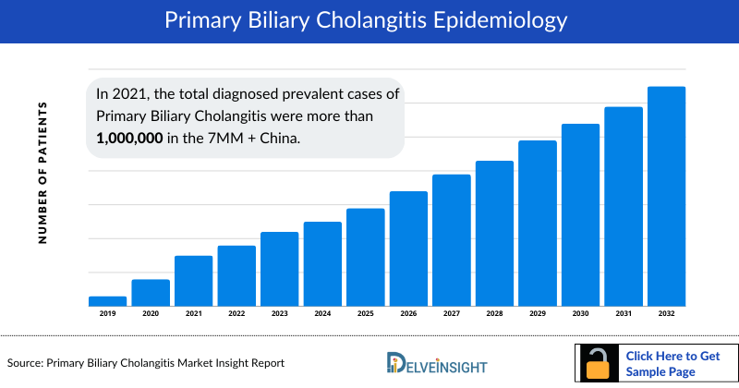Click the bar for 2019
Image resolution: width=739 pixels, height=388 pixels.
coord(107,300)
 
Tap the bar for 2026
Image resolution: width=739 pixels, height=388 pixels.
coord(408,249)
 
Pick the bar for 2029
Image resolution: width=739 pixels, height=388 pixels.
coord(538,223)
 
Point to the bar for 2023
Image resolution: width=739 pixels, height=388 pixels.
coord(279,269)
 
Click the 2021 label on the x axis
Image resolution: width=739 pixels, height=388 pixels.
coord(193,314)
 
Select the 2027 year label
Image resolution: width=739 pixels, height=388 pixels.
coord(451,314)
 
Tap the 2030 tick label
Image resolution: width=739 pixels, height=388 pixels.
coord(580,314)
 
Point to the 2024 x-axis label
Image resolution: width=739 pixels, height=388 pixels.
coord(322,314)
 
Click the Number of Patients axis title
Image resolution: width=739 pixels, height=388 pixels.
coord(42,174)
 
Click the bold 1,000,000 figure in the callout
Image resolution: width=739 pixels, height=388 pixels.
coord(130,138)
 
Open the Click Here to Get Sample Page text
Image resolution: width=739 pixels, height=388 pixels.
coord(672,363)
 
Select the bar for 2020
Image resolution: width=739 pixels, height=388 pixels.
coord(151,292)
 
